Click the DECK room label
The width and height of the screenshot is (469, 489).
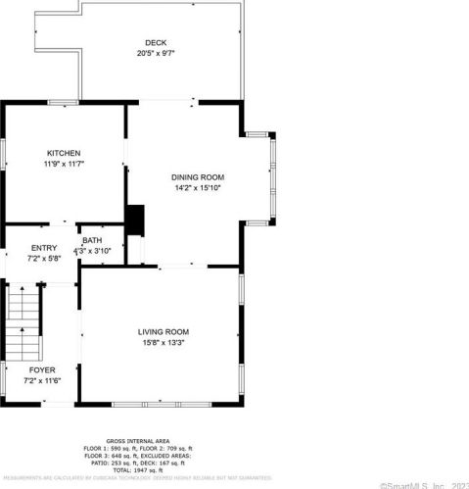156,42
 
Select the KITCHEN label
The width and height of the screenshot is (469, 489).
64,153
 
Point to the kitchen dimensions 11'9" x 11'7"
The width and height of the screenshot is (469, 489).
64,164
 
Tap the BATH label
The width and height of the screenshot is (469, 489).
92,240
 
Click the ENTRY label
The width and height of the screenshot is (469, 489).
44,248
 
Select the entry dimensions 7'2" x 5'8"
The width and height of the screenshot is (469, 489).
44,259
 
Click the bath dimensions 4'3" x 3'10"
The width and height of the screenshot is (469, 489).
99,251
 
